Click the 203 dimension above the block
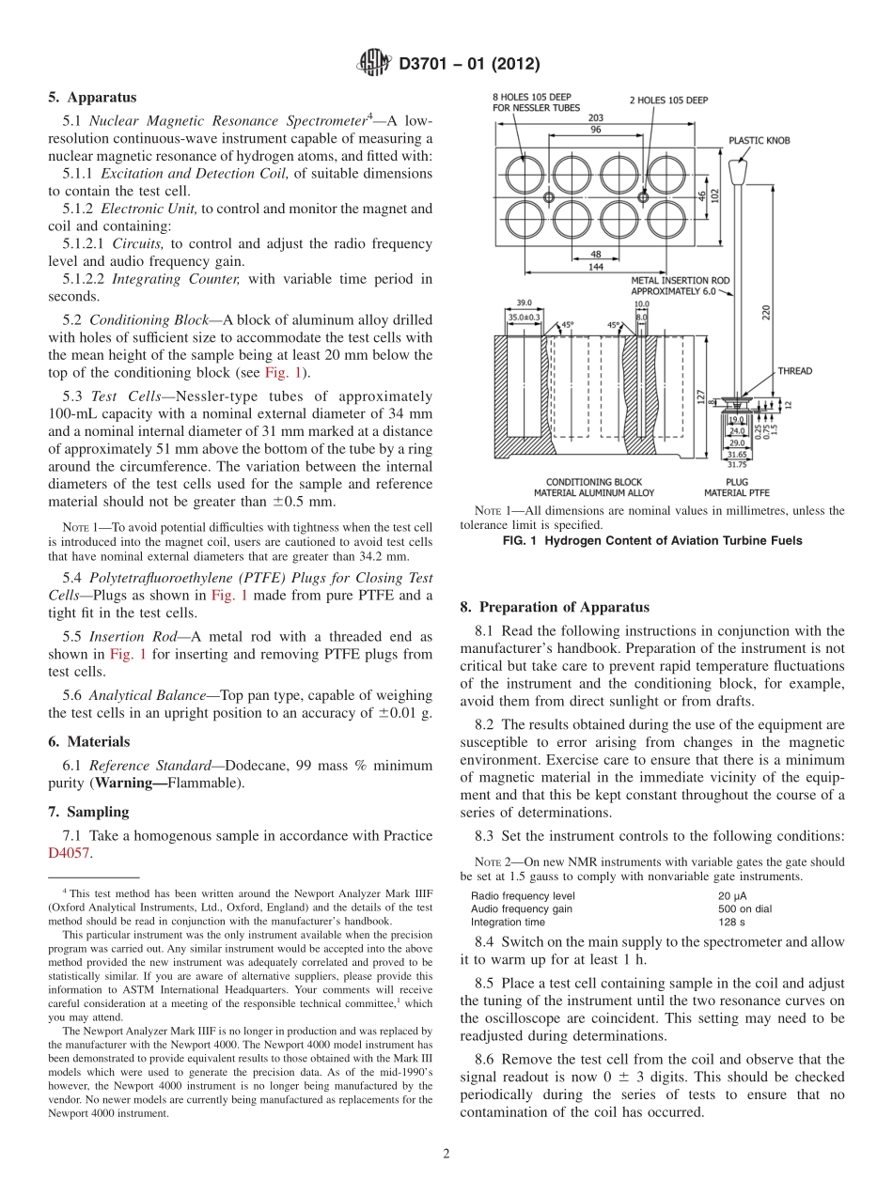click(x=596, y=117)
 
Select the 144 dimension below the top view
click(x=596, y=267)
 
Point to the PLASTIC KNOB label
click(x=759, y=141)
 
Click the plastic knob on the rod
click(x=739, y=173)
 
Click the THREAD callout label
click(x=794, y=371)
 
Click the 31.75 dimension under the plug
click(x=735, y=463)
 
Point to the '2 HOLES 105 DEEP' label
click(x=668, y=100)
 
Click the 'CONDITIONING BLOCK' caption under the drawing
click(x=594, y=483)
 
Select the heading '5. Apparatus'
click(x=92, y=97)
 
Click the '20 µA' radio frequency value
click(x=733, y=895)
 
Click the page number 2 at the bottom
click(x=446, y=1154)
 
